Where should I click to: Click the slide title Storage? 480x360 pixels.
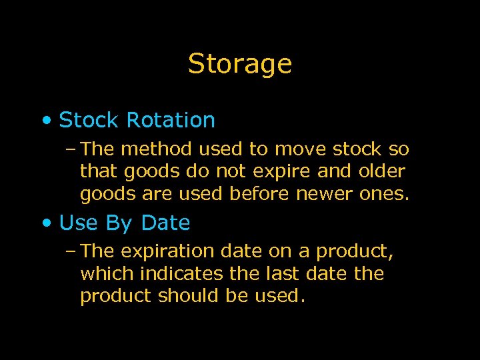[x=240, y=64]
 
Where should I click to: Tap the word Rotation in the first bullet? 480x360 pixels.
[x=171, y=121]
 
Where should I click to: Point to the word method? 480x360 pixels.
[x=153, y=149]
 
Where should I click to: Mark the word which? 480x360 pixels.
[x=107, y=274]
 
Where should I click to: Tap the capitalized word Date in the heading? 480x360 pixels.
[x=165, y=223]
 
